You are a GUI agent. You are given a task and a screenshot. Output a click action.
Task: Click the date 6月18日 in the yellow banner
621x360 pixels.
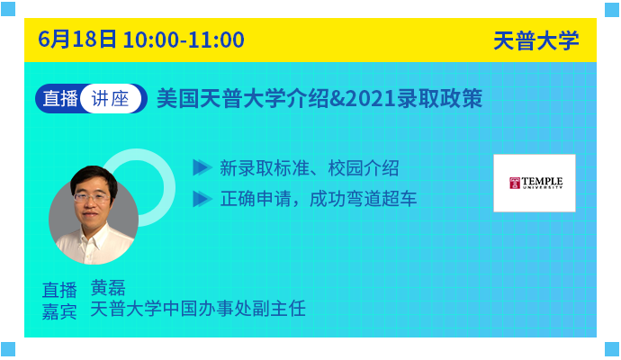(77, 40)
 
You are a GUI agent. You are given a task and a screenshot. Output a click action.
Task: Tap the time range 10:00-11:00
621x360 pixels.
(184, 40)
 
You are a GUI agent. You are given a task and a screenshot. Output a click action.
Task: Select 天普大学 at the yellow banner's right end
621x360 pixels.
(535, 40)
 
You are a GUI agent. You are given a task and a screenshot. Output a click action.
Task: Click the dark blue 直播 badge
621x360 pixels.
(60, 98)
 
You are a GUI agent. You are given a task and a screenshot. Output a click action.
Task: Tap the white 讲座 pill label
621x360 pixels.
(111, 98)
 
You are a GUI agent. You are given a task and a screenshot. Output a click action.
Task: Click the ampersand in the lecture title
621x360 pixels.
(337, 99)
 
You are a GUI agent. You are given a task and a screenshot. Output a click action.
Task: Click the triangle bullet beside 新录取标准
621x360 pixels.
(202, 167)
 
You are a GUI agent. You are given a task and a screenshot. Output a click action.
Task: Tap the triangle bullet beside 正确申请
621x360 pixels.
(202, 199)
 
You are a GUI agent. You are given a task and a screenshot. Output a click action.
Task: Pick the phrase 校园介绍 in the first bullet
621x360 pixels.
(364, 168)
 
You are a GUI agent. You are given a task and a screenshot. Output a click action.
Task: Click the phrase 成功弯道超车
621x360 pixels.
(363, 198)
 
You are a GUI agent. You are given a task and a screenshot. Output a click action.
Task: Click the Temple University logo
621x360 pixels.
(535, 183)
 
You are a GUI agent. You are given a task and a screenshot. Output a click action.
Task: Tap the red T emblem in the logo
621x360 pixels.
(515, 183)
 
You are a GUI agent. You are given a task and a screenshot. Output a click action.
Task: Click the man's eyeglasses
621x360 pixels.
(92, 197)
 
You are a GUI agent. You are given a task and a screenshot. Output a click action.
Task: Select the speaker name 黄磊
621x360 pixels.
(108, 287)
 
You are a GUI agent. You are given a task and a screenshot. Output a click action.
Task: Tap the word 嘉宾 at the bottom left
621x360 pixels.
(59, 310)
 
